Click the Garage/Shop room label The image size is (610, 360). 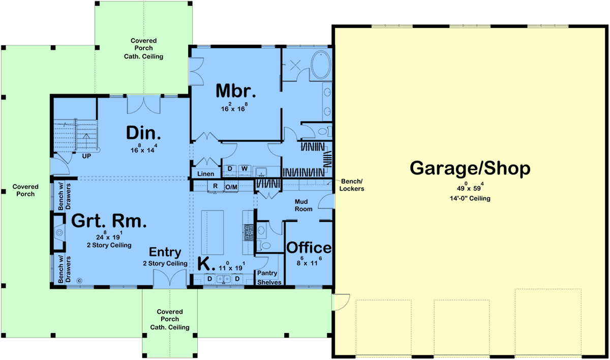[x=470, y=168]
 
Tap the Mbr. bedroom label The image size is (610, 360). [x=236, y=91]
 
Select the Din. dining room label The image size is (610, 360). [x=143, y=133]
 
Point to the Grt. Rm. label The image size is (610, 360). [x=109, y=221]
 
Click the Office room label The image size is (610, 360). [x=309, y=248]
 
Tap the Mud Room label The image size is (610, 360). [x=303, y=205]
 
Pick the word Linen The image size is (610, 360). [x=205, y=174]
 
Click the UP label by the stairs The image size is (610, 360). [x=86, y=156]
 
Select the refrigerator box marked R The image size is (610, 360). [x=216, y=186]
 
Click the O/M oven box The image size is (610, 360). [x=231, y=187]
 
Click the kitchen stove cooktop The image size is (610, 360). [x=249, y=232]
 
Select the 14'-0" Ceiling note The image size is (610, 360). [x=470, y=198]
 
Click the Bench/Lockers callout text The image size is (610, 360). [x=352, y=185]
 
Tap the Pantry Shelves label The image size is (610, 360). [x=269, y=278]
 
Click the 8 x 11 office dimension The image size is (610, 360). [x=309, y=262]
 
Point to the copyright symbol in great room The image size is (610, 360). [x=79, y=281]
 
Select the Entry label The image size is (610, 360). [x=165, y=252]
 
